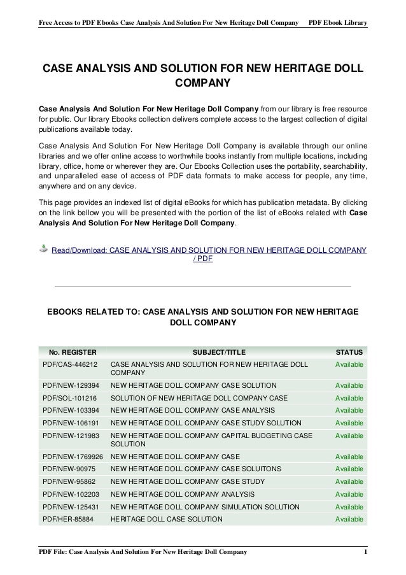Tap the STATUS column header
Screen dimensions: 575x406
pos(349,351)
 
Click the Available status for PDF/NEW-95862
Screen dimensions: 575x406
pos(349,482)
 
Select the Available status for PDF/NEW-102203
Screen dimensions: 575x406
pos(349,494)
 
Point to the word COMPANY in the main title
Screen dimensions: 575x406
pos(202,84)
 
